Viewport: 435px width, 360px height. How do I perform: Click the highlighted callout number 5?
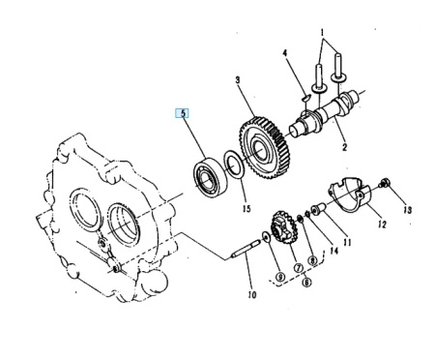(x=183, y=113)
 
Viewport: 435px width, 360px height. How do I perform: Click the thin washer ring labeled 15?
(x=234, y=165)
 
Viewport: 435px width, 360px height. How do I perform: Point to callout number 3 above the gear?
(x=238, y=79)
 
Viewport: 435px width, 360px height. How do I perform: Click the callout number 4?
(x=285, y=53)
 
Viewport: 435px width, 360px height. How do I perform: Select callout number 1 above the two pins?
(x=323, y=32)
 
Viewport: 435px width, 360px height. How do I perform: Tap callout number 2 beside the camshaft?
(x=344, y=147)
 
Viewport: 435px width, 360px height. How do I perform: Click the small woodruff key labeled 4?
(x=306, y=97)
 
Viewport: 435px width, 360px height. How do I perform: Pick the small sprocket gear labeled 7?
(x=283, y=228)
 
